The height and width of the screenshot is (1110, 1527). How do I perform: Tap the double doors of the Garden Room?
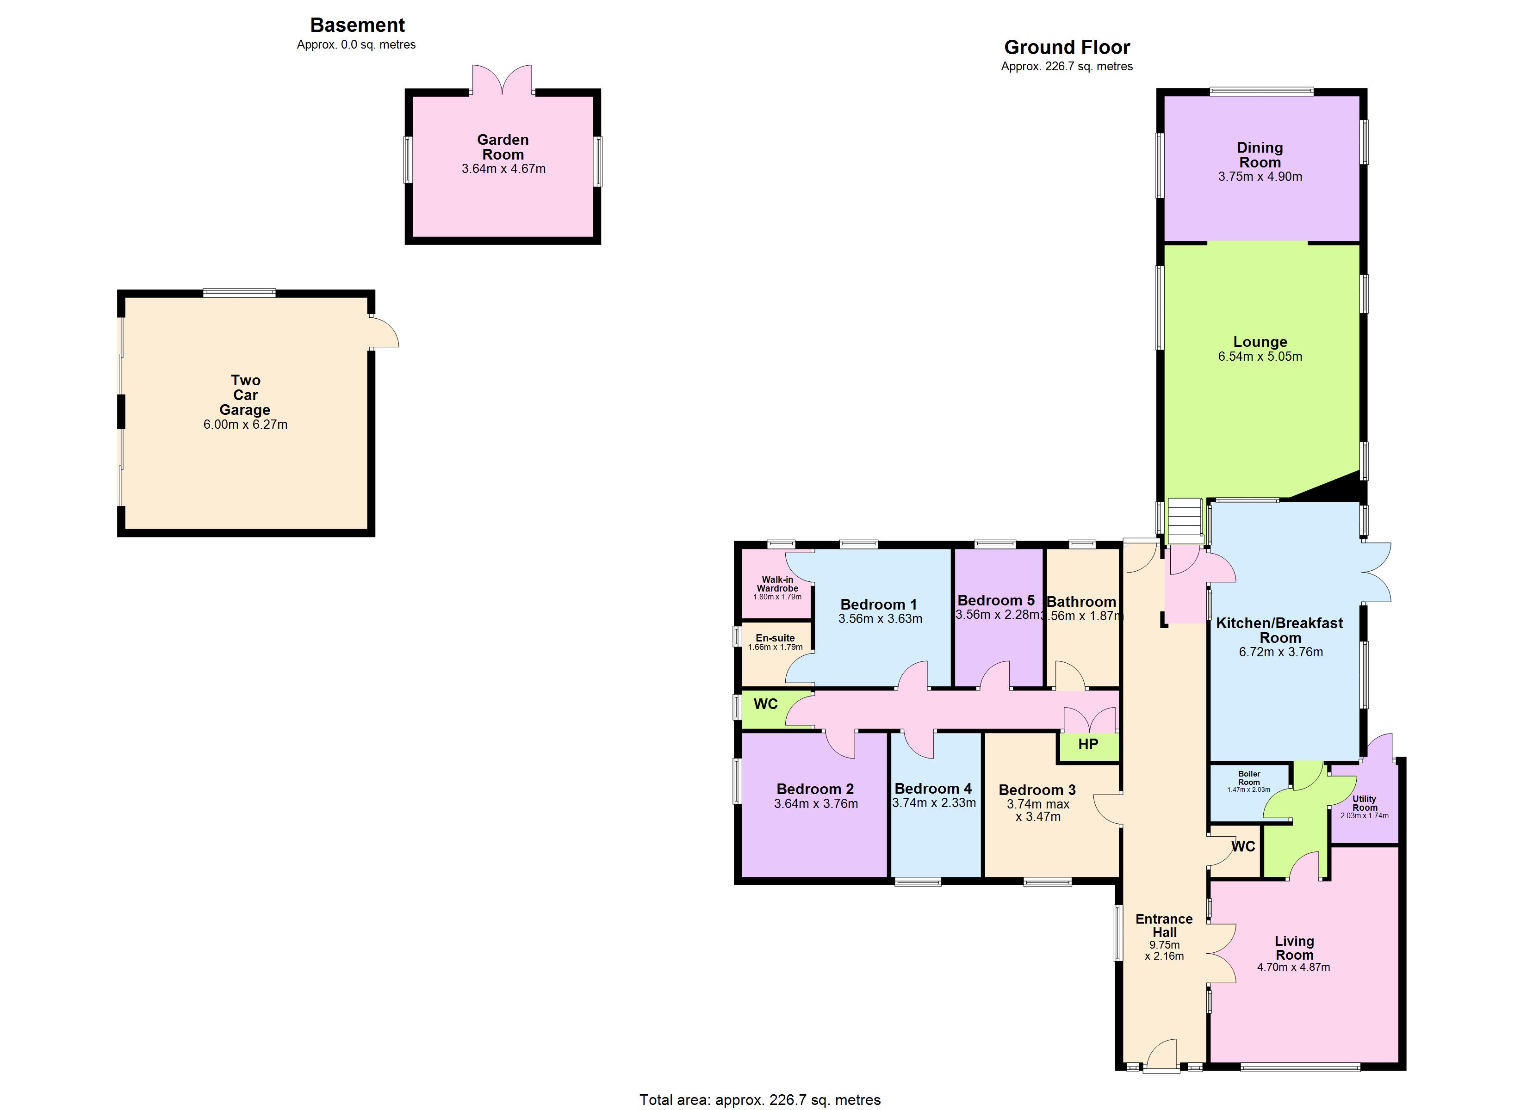502,80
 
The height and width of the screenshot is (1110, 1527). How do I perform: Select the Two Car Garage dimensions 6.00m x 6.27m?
245,425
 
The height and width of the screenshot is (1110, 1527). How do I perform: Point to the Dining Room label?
1260,155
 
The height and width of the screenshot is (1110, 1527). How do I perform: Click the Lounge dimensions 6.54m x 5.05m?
1260,357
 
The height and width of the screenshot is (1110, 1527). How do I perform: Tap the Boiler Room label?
1249,778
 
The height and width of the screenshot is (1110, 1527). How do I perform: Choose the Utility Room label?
1365,803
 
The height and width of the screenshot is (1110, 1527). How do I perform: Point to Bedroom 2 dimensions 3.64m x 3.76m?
816,804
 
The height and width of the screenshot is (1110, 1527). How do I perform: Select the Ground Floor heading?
1067,47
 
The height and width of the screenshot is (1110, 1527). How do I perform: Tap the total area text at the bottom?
759,1100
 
